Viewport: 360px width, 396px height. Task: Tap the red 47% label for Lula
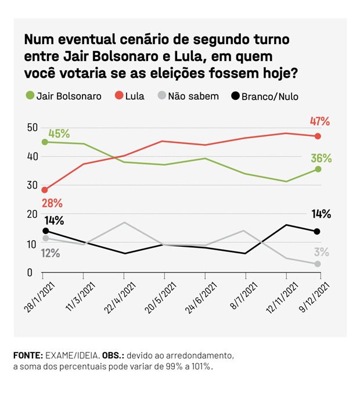coord(319,121)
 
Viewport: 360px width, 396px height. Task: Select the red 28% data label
coord(52,203)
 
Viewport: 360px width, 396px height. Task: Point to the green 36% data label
coord(321,158)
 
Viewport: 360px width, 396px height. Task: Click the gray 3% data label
coord(322,252)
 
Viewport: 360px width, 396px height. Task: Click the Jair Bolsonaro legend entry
coord(64,96)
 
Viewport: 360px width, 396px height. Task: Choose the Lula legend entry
coord(129,96)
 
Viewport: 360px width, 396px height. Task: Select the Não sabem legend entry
coord(187,96)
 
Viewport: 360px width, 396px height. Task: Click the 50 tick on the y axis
coord(31,127)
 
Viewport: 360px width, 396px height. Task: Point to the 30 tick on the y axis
coord(31,186)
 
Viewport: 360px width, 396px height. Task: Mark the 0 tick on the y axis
coord(28,272)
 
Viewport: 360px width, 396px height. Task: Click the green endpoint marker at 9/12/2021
coord(318,169)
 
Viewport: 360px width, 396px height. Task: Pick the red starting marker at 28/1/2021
coord(45,190)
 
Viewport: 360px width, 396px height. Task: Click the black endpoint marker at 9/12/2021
coord(318,231)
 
